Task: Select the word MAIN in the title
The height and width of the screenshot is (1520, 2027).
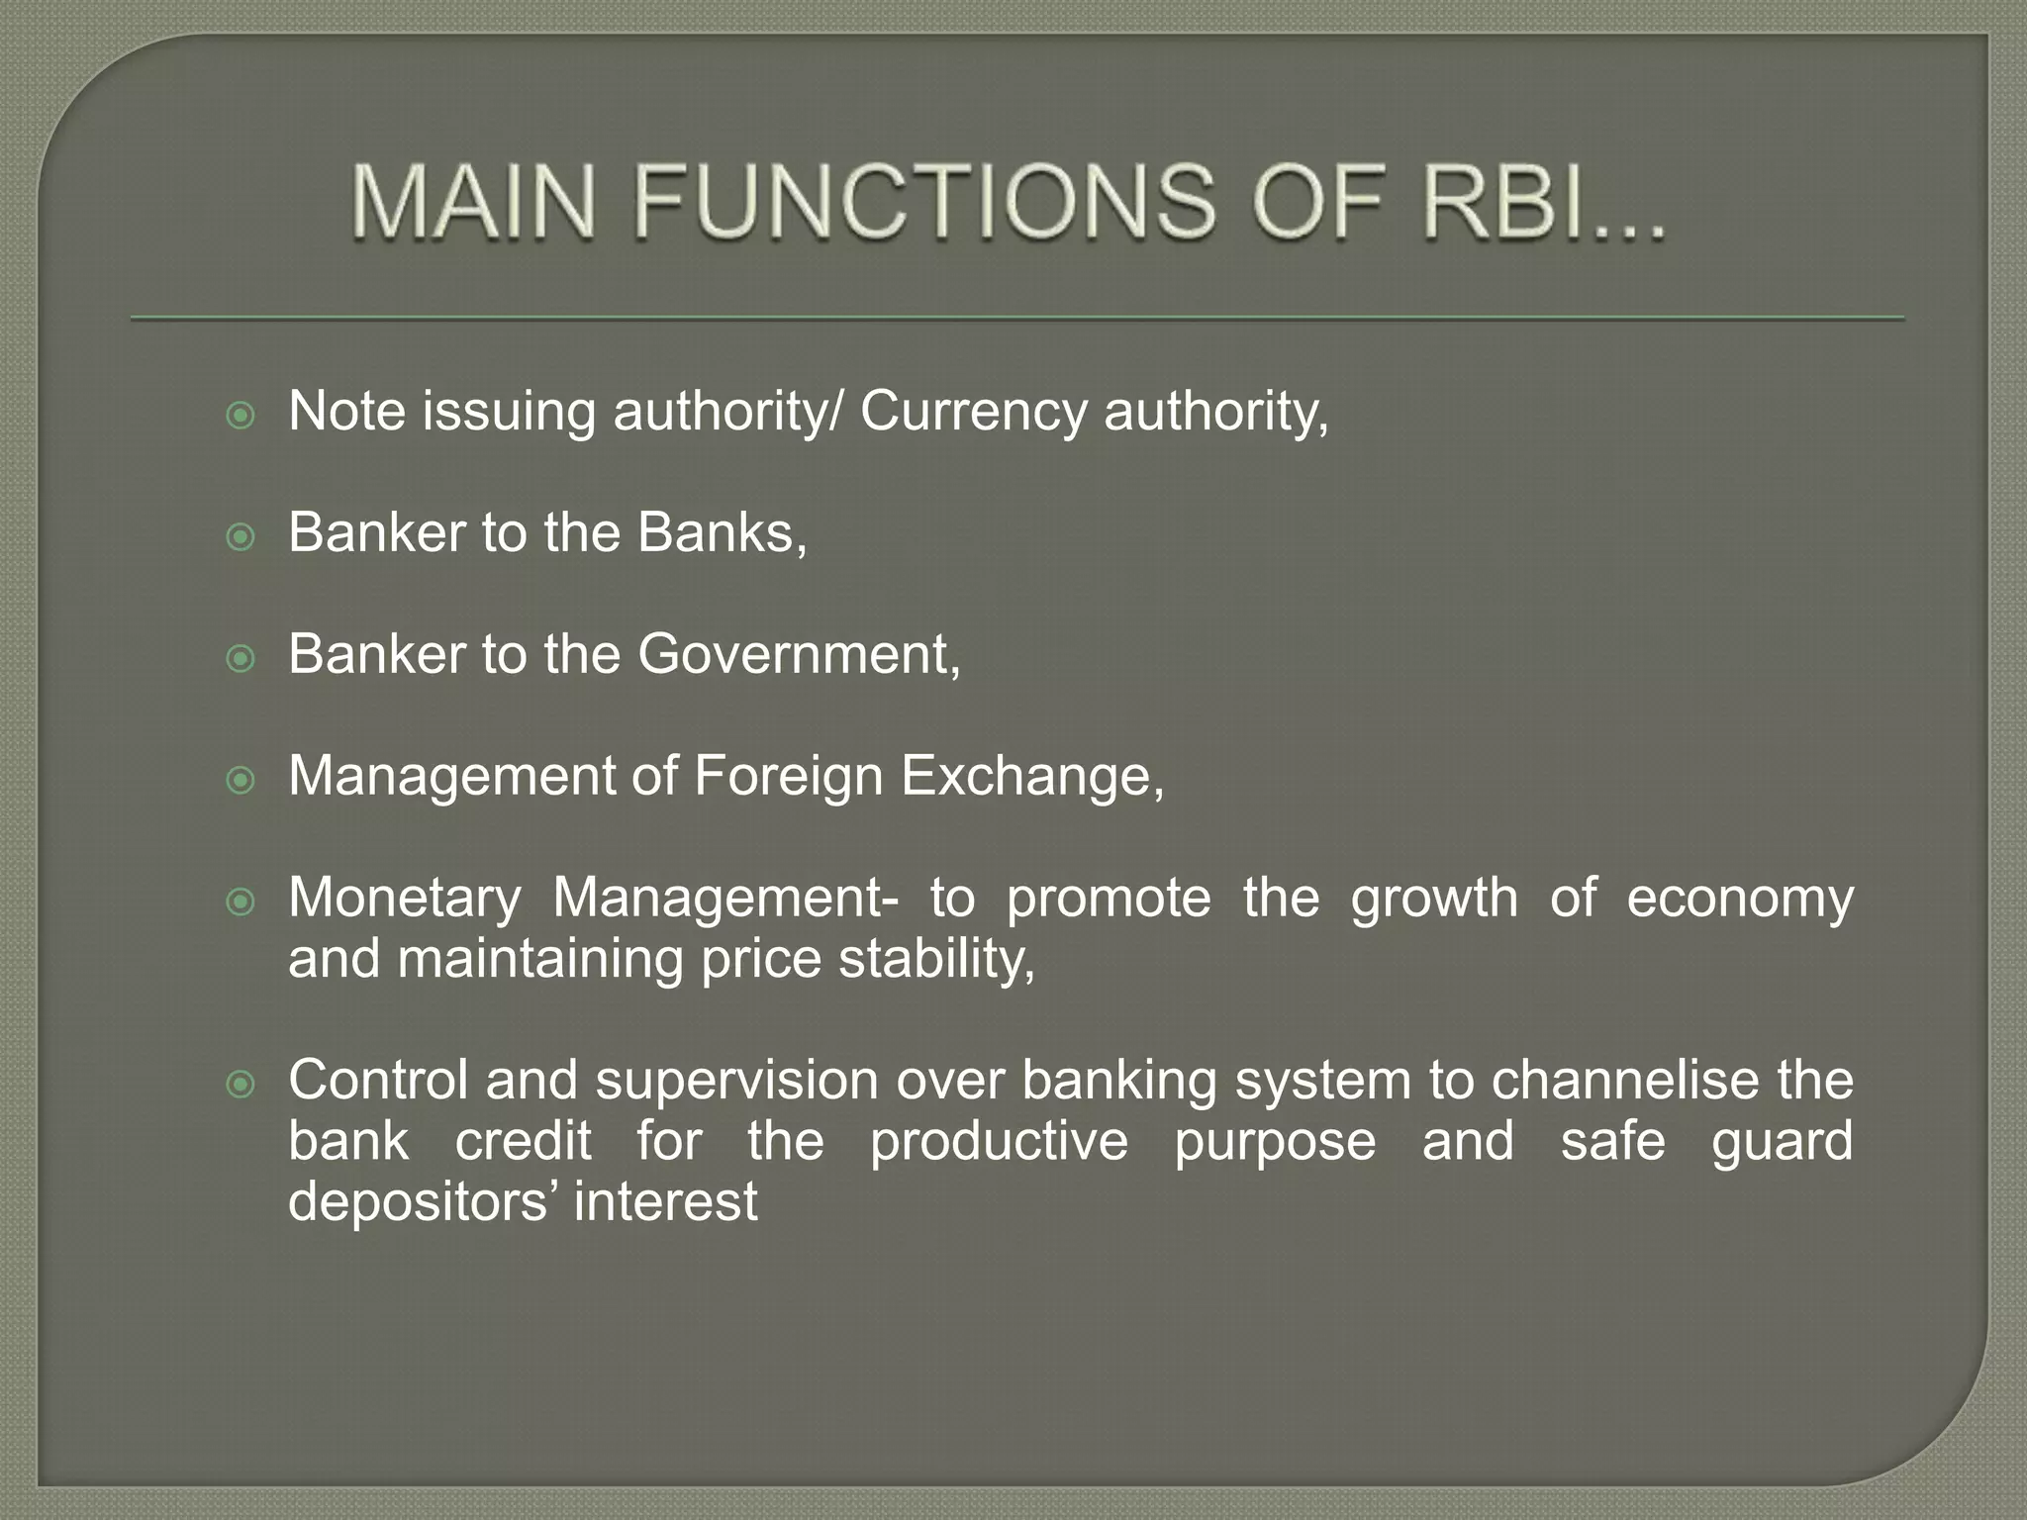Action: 474,203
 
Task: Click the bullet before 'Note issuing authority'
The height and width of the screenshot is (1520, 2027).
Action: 241,416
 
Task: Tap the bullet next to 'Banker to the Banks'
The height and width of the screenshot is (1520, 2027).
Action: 241,537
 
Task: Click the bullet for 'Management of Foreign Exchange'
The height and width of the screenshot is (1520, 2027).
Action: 241,781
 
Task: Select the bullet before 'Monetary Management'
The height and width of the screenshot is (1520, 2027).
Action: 241,902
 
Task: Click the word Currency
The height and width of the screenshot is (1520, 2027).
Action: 973,412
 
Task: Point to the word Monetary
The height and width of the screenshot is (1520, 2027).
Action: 404,899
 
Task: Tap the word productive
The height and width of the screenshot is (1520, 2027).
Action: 999,1141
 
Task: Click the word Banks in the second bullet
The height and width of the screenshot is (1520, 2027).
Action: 721,532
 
